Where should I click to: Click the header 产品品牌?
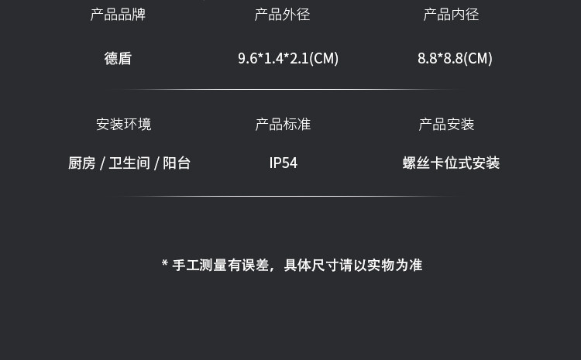coord(118,15)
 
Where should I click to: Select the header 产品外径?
coord(282,15)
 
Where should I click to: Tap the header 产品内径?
coord(451,15)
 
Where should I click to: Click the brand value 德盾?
coord(118,58)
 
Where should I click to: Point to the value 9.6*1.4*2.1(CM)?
coord(288,58)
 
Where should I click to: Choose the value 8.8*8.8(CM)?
coord(455,58)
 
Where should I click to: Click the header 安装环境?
coord(124,124)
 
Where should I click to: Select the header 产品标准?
coord(283,124)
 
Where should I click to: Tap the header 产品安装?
coord(446,124)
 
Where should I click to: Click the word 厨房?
coord(81,163)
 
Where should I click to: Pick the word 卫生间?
coord(129,163)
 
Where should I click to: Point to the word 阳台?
coord(177,163)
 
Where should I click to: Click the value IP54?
coord(283,163)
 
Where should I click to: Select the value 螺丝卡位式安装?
coord(451,163)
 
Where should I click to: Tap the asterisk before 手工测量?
coord(165,264)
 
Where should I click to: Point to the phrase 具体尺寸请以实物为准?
coord(352,266)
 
